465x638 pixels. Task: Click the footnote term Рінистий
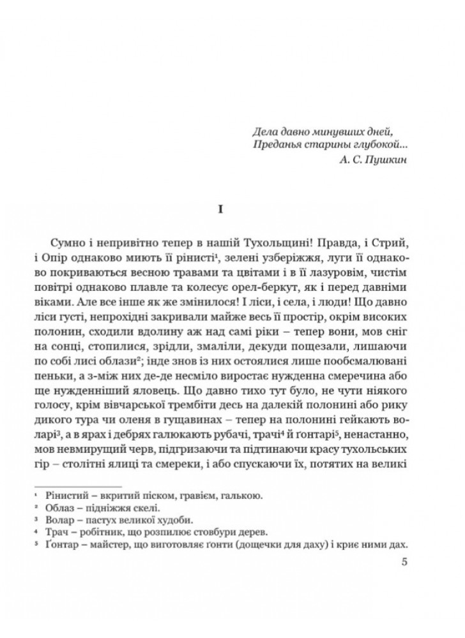click(x=67, y=494)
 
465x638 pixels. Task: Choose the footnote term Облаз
click(x=61, y=507)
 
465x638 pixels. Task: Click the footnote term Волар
click(x=60, y=520)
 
